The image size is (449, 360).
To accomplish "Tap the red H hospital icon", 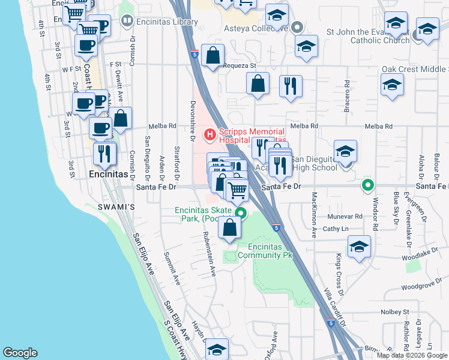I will pos(210,134).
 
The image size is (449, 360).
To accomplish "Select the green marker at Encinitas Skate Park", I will pos(241,212).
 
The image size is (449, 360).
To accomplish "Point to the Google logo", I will pos(20,353).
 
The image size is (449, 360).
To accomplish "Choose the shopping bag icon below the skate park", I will pos(229,228).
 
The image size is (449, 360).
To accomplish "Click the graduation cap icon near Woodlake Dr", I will pos(359,247).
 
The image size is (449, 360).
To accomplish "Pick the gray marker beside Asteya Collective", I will pos(298,27).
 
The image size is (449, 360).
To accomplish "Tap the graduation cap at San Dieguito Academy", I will pos(346,152).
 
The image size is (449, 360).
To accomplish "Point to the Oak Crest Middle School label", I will pos(415,69).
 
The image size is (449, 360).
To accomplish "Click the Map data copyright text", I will pos(412,355).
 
